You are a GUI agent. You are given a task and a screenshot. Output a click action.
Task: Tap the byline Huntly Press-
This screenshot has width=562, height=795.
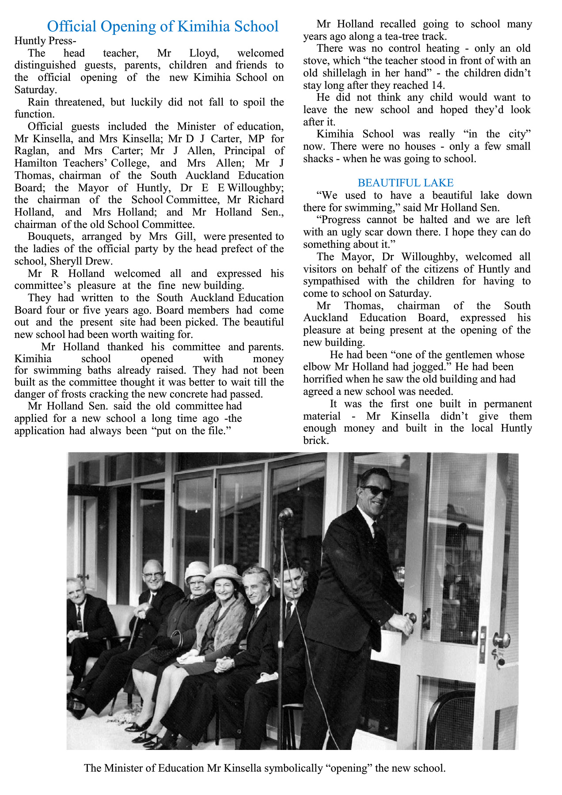click(x=45, y=41)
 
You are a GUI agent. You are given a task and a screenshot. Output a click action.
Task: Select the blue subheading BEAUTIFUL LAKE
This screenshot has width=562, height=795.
click(x=405, y=183)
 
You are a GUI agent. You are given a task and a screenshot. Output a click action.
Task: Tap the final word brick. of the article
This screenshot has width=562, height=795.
click(x=316, y=440)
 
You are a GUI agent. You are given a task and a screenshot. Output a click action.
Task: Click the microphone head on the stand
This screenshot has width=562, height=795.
click(x=286, y=514)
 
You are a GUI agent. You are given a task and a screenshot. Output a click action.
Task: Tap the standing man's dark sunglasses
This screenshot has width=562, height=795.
click(x=376, y=491)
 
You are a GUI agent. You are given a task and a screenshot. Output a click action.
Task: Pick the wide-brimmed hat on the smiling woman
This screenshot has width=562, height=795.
click(x=223, y=572)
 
